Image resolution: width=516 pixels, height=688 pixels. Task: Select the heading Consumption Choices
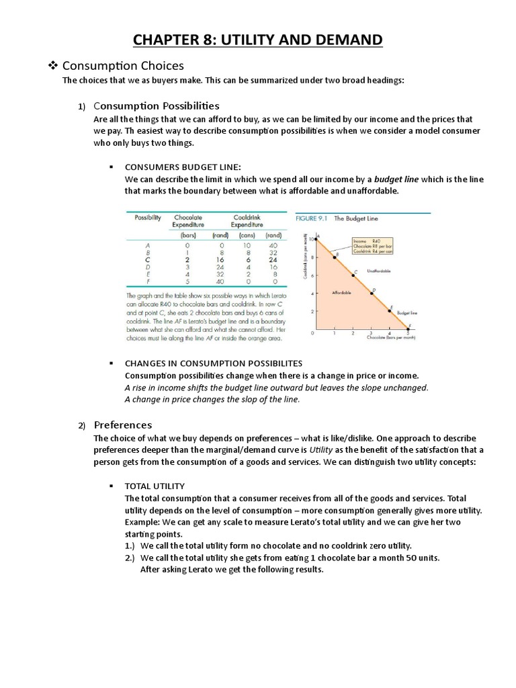click(x=123, y=65)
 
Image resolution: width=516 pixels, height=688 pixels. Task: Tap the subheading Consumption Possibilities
click(x=157, y=105)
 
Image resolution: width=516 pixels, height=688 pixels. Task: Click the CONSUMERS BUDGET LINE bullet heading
click(x=182, y=166)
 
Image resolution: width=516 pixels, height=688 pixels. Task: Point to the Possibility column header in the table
click(x=148, y=218)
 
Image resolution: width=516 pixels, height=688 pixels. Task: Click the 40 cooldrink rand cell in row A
click(x=273, y=246)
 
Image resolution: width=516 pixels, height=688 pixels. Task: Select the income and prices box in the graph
click(x=372, y=246)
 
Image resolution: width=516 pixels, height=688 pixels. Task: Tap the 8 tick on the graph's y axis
click(x=310, y=257)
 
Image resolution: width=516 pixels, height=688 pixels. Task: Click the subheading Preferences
click(x=123, y=425)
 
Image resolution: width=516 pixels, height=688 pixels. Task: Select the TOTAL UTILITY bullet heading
click(x=155, y=486)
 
